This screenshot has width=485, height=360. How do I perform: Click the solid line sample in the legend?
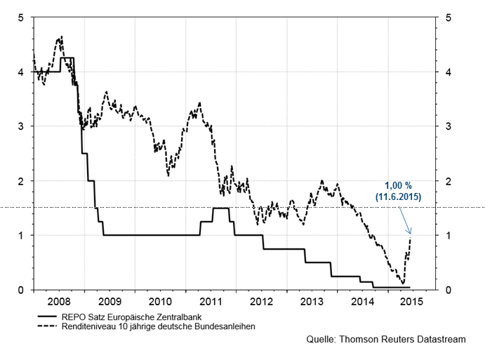[50, 317]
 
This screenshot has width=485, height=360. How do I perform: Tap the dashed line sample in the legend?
[50, 326]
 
